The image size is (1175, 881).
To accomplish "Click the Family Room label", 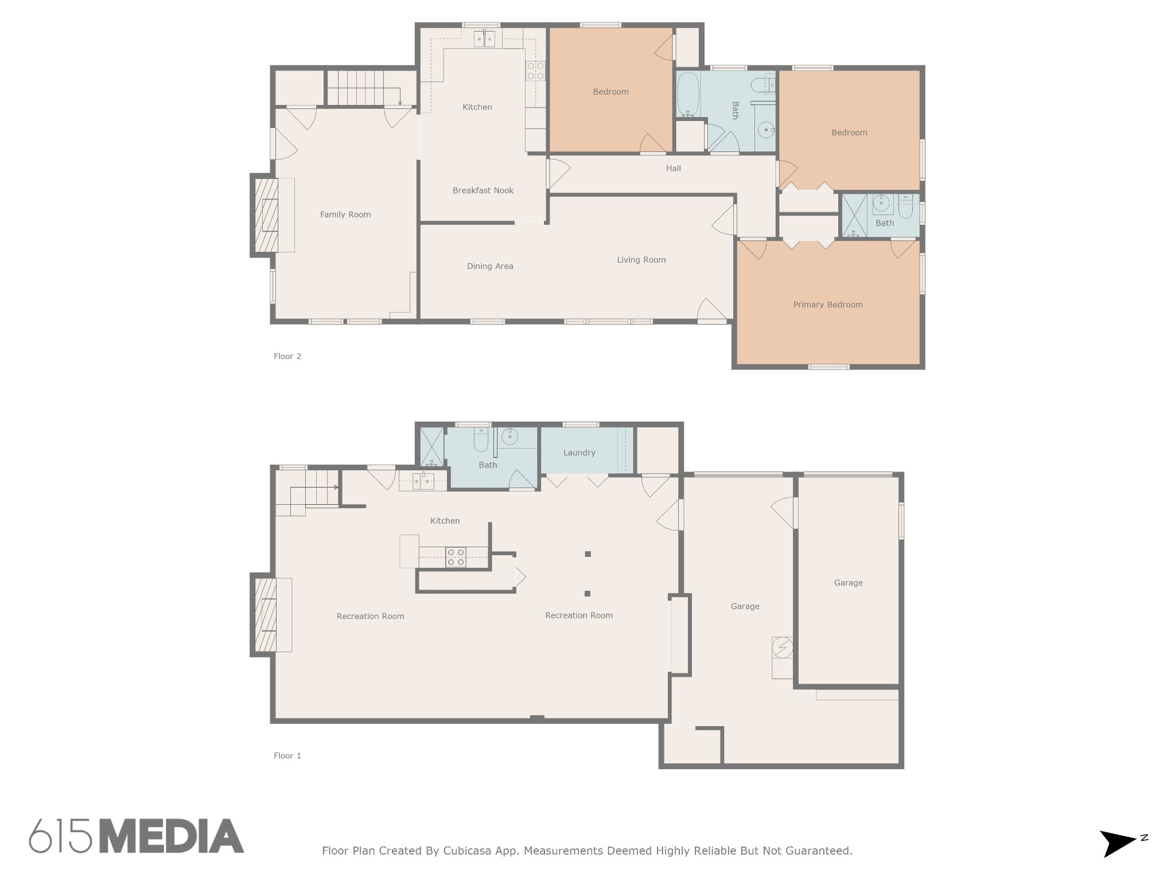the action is [345, 215].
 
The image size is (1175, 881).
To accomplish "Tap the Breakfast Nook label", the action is [483, 190].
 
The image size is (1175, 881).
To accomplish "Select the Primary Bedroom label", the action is [828, 305].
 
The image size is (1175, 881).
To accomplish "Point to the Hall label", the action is [674, 168].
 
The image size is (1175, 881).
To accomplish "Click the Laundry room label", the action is [579, 453].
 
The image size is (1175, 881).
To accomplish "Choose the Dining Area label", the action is [490, 266].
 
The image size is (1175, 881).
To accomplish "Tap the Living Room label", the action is [641, 260].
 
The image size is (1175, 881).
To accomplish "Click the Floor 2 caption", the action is [287, 356].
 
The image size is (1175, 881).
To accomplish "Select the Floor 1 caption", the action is [287, 755].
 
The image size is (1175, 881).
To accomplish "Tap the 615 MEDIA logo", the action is [137, 836].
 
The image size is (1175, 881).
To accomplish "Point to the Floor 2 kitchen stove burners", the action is [536, 71].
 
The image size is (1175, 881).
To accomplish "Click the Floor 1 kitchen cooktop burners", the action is [456, 558].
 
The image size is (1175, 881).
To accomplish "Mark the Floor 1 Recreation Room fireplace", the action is [265, 615].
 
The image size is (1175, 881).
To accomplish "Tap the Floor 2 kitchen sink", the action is [484, 39].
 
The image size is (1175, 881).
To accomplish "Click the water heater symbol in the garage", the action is [782, 648].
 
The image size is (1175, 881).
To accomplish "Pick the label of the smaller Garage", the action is [849, 583].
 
